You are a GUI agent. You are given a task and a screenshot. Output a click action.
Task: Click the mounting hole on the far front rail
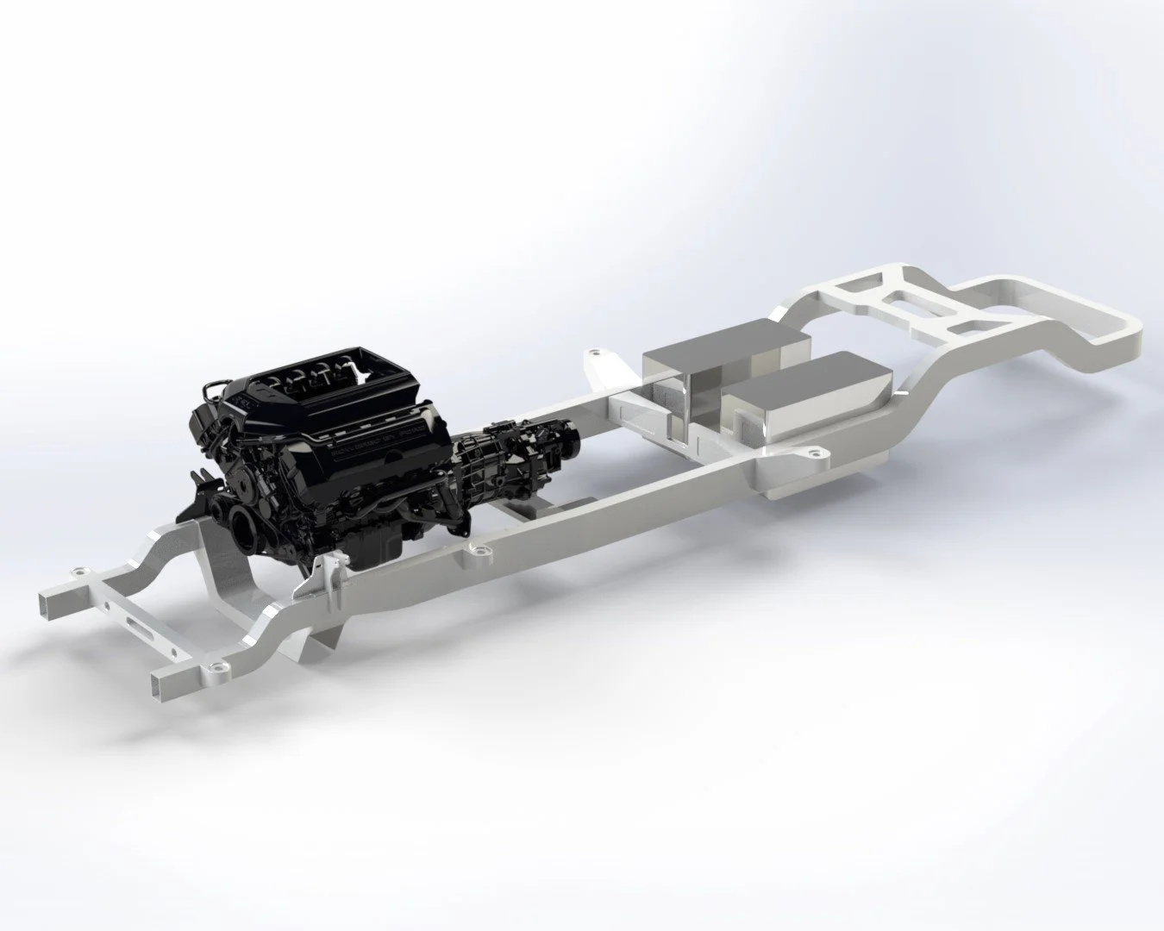[79, 572]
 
